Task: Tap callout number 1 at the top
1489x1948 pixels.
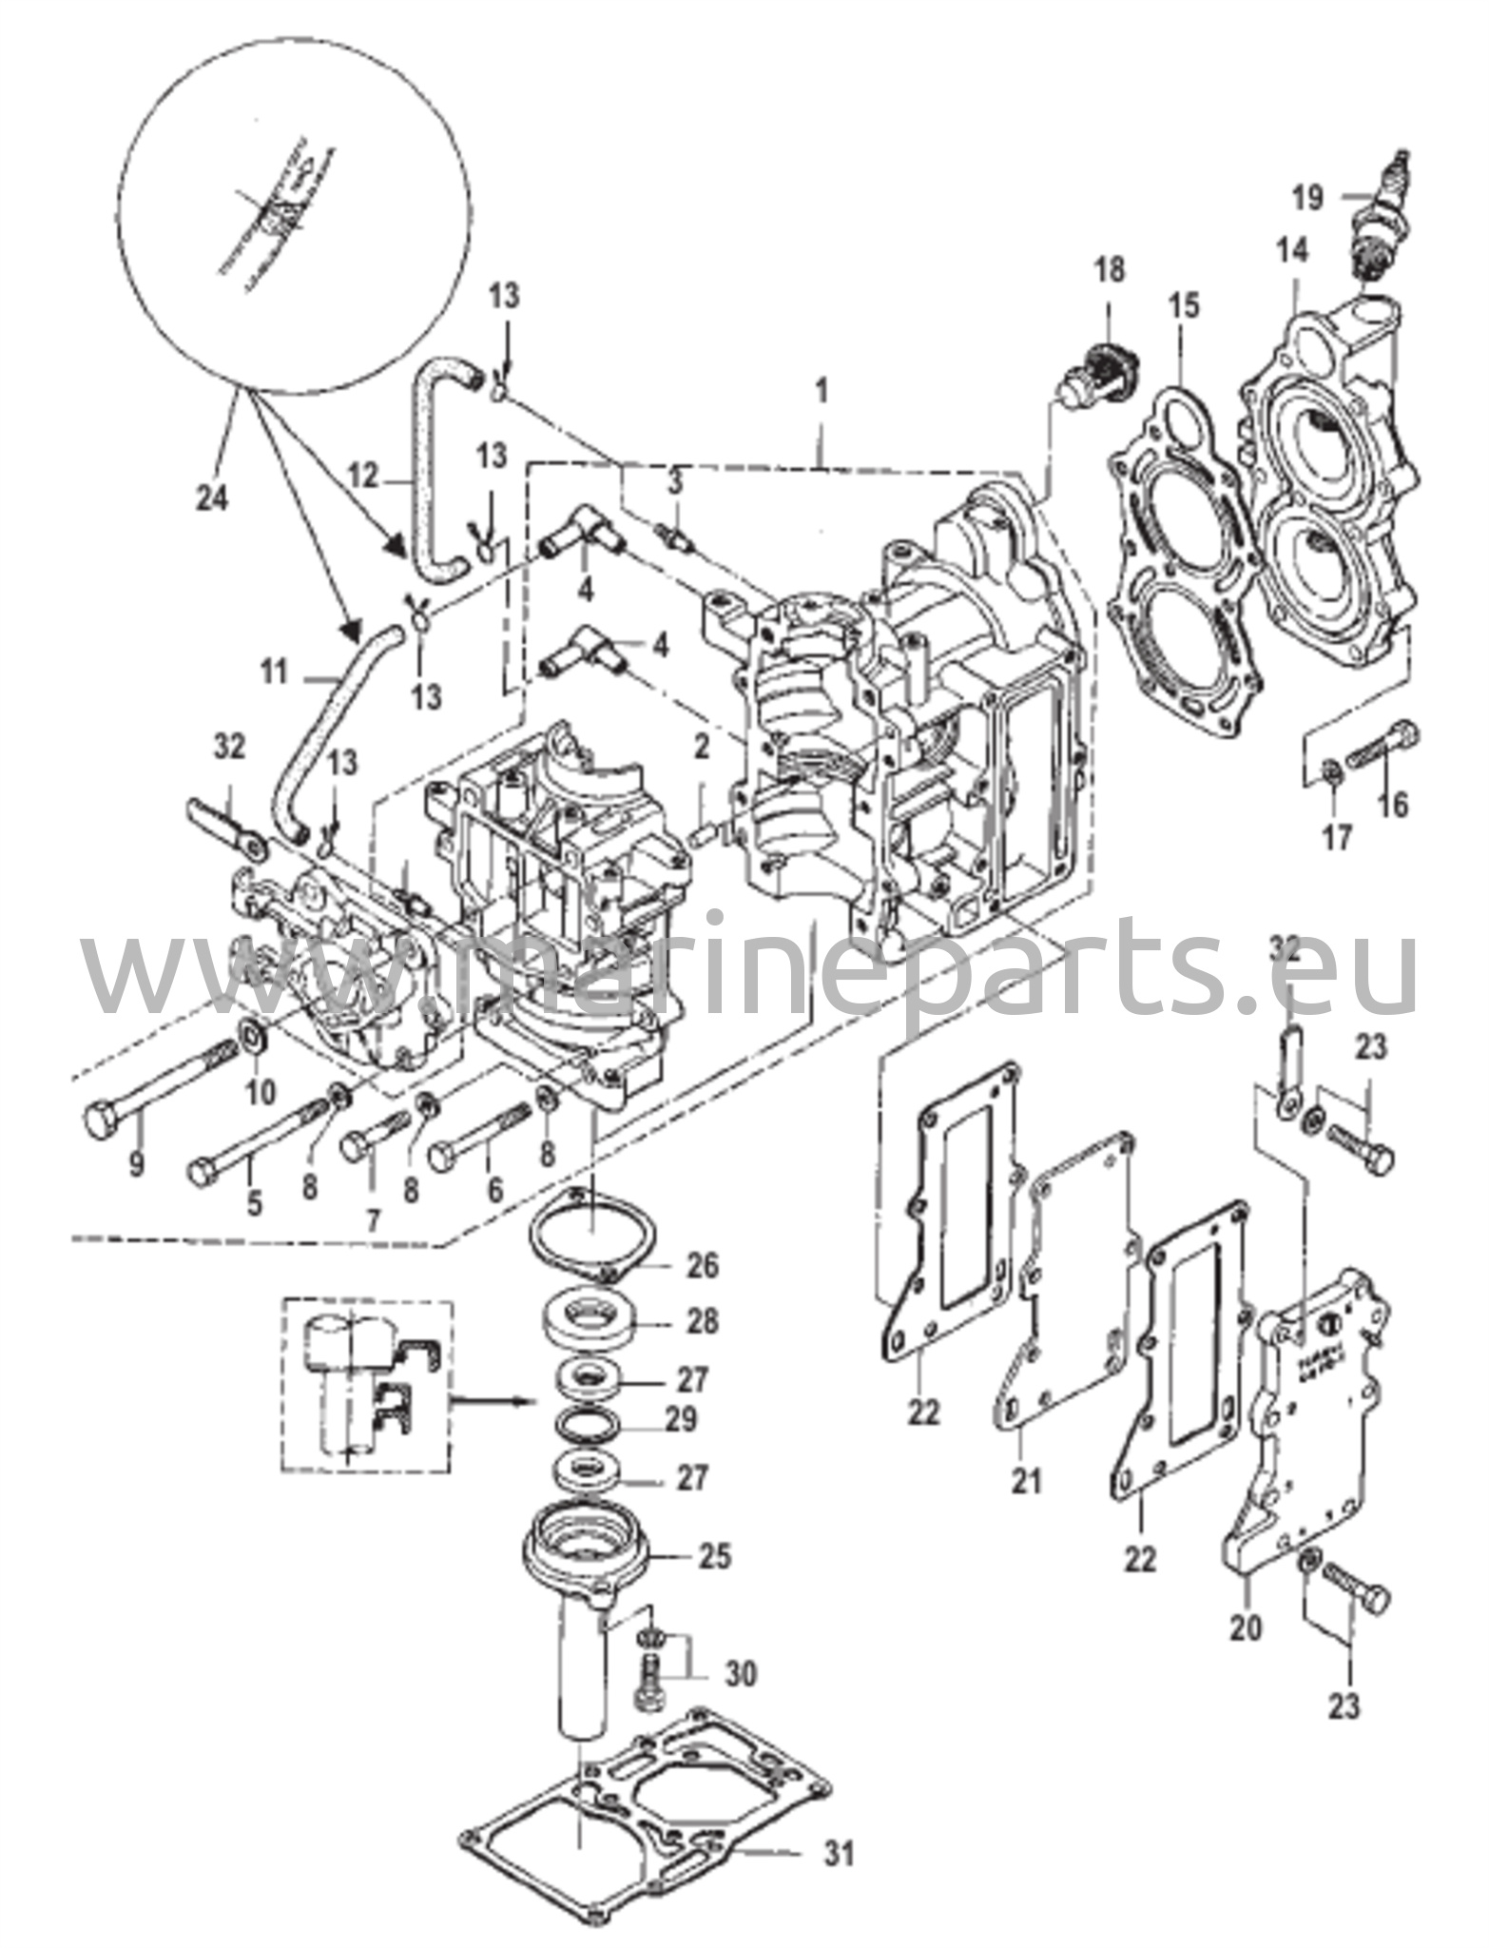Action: [822, 391]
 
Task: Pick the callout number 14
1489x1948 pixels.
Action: [1292, 250]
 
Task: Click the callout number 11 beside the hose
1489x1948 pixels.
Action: [273, 676]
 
